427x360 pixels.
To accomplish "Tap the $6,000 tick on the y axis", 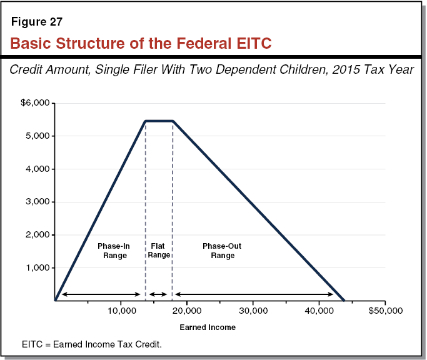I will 37,102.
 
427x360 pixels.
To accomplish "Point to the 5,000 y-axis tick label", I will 39,136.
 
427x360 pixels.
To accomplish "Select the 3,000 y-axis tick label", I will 39,202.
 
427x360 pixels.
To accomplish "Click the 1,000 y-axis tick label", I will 39,268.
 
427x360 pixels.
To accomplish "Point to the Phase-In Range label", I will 113,251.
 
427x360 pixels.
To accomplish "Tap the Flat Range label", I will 159,251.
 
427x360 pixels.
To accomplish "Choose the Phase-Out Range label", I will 221,251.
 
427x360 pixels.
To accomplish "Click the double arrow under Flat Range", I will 159,294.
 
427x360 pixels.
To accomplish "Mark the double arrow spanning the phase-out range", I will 254,294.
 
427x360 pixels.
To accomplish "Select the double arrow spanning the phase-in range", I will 100,294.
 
